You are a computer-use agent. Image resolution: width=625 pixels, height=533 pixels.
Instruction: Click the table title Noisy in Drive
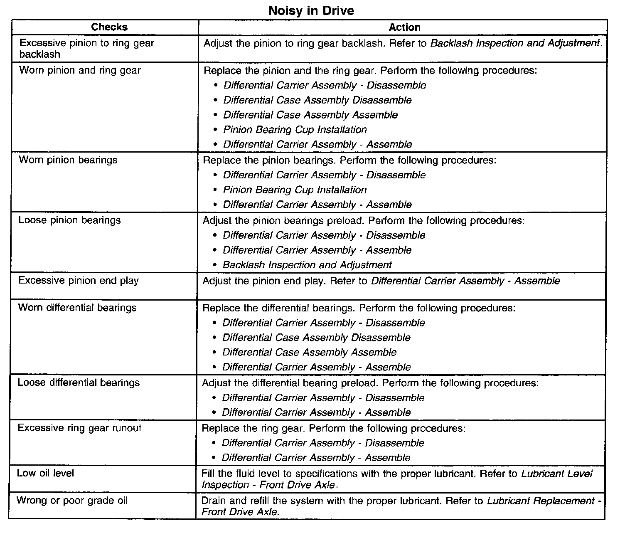(x=311, y=10)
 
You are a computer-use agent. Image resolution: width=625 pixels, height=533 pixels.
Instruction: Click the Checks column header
(x=109, y=27)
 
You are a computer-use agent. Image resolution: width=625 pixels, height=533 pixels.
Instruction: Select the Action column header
(x=404, y=27)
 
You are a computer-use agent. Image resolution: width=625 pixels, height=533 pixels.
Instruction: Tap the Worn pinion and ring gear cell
(x=80, y=70)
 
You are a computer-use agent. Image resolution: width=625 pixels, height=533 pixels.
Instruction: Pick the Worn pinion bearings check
(x=68, y=160)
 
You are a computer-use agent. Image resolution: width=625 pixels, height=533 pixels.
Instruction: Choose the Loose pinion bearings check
(x=69, y=220)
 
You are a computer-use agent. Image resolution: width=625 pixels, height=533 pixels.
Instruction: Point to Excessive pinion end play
(x=79, y=281)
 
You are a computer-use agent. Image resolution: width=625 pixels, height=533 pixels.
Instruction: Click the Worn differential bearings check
(x=77, y=308)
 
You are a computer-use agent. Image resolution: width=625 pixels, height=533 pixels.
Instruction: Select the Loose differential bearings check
(x=79, y=382)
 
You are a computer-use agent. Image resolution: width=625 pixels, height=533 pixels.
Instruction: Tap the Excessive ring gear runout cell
(x=79, y=428)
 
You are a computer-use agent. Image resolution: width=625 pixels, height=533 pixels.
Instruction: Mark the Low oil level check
(x=46, y=473)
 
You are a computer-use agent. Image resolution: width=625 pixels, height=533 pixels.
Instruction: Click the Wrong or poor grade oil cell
(x=72, y=501)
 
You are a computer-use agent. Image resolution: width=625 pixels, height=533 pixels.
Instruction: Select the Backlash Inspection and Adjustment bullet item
(x=307, y=265)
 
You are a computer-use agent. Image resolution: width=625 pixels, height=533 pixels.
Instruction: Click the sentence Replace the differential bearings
(x=279, y=308)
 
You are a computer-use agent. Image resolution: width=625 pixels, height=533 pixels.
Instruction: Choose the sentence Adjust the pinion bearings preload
(x=283, y=220)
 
